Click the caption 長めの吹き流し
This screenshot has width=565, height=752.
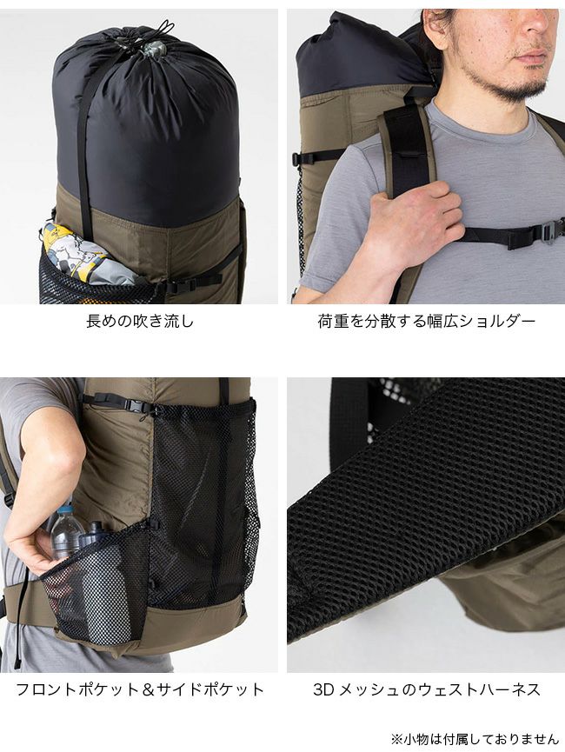click(140, 321)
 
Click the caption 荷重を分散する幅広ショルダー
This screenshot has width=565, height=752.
click(426, 321)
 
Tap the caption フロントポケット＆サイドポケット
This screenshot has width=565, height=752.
click(140, 689)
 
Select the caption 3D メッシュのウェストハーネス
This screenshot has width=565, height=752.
click(426, 689)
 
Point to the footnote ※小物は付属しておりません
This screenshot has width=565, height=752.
click(475, 739)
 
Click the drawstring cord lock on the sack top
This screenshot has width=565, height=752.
click(156, 47)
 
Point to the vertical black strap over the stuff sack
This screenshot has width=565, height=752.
click(83, 143)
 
